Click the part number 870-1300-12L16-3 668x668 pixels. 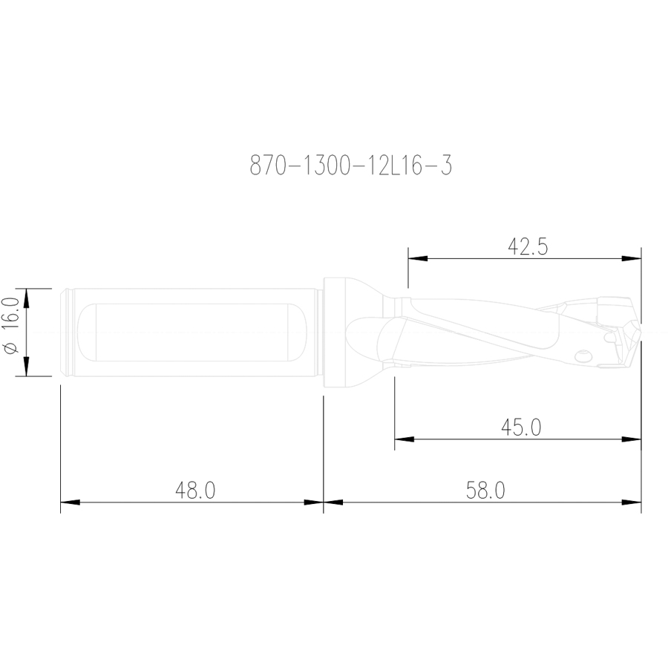coord(350,166)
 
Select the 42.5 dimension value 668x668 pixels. coord(528,246)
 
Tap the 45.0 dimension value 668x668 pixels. coord(520,428)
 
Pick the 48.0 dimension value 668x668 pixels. coord(195,491)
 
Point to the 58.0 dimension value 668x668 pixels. coord(485,491)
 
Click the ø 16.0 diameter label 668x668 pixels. coord(10,326)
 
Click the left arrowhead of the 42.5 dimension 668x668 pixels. coord(418,258)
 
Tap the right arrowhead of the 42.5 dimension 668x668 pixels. coord(632,258)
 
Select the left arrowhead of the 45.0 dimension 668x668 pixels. coord(405,439)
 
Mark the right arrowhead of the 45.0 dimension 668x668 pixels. coord(632,439)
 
